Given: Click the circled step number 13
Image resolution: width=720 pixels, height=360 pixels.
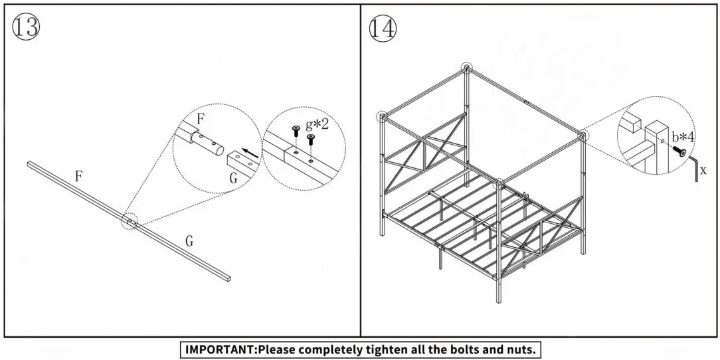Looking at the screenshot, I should click(26, 27).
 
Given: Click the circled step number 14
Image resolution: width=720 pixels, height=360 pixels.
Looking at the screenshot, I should click(382, 29).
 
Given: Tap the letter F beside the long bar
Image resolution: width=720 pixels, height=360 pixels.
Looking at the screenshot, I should click(78, 177).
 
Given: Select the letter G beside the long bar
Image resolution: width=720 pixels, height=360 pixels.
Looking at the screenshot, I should click(189, 242).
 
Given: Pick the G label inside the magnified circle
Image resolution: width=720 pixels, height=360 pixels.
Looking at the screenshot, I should click(233, 178).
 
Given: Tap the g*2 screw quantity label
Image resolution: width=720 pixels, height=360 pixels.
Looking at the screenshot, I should click(317, 124).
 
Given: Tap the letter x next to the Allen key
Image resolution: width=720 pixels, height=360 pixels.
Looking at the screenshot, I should click(703, 171).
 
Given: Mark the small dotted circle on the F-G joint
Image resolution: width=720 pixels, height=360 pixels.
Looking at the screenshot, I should click(129, 221).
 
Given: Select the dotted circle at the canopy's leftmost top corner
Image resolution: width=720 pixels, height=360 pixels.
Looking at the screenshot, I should click(382, 116).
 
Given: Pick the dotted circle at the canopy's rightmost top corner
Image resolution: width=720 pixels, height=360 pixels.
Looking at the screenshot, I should click(583, 135).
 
